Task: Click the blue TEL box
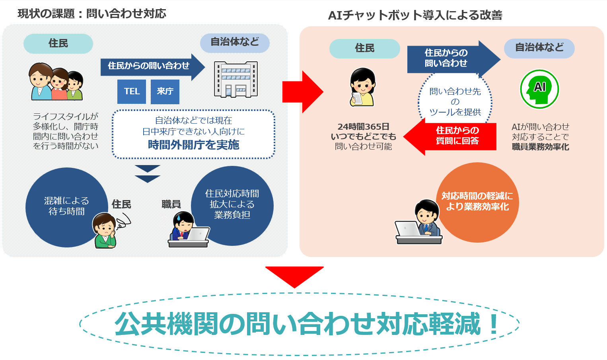[132, 91]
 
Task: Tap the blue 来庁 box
[165, 91]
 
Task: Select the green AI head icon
[539, 89]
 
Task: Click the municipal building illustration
[235, 80]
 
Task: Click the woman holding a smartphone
[362, 87]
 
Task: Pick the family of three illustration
[56, 82]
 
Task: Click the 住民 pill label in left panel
[58, 43]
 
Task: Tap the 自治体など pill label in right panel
[539, 48]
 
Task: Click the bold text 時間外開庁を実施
[193, 145]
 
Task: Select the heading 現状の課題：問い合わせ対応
[92, 14]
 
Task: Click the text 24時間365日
[363, 127]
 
